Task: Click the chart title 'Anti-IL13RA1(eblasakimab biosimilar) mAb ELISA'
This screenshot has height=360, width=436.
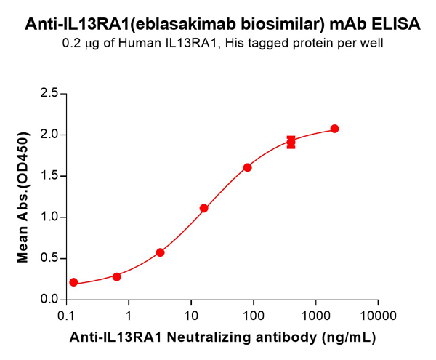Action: click(x=222, y=23)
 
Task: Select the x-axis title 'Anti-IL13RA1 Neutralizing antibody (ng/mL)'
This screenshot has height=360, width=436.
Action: click(x=224, y=339)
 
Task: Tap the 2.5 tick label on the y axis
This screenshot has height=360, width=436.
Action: click(x=49, y=93)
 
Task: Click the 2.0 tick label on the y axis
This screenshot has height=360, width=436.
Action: click(x=49, y=135)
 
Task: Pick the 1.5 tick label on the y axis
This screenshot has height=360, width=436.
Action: click(x=49, y=176)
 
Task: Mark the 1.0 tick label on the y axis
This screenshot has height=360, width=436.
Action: click(x=49, y=217)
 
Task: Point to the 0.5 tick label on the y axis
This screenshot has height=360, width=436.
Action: click(x=49, y=258)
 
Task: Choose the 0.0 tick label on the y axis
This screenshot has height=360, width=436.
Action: click(x=49, y=300)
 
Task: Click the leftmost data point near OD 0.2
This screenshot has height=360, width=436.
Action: click(x=73, y=282)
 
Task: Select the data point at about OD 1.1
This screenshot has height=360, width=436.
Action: click(x=204, y=208)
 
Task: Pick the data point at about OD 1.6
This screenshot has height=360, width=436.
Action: click(x=248, y=167)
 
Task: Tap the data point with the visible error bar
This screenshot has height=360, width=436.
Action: click(x=291, y=142)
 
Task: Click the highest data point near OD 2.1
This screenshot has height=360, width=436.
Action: click(x=334, y=129)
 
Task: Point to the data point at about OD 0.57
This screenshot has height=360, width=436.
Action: click(x=161, y=252)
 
